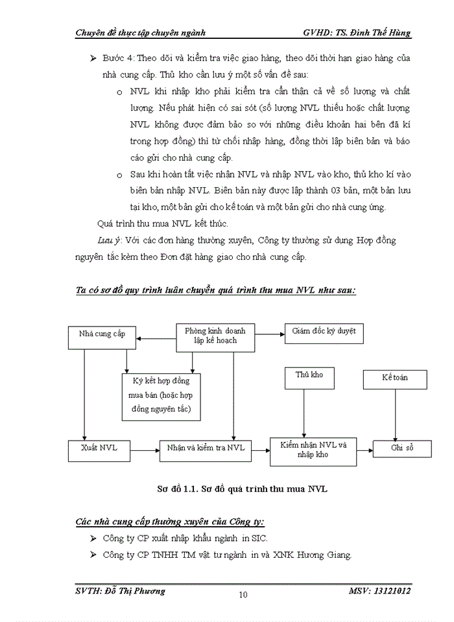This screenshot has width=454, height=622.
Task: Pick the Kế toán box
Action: click(395, 378)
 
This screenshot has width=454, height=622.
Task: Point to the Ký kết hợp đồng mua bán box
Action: click(161, 397)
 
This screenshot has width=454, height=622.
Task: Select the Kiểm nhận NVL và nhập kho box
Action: click(314, 450)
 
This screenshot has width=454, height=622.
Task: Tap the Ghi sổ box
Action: click(401, 448)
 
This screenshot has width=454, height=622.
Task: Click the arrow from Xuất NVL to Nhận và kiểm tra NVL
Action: click(145, 448)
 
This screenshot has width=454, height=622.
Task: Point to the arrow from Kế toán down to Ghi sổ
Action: click(395, 415)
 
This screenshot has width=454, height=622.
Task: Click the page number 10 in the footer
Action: click(243, 595)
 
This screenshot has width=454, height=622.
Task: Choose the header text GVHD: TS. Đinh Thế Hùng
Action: click(357, 33)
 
